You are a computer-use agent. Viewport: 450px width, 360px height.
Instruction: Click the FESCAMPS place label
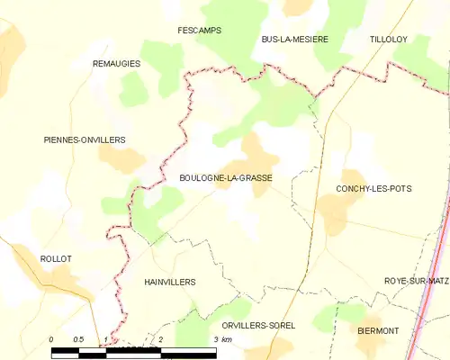click(x=199, y=30)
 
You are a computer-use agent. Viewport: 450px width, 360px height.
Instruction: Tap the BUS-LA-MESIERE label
click(x=294, y=40)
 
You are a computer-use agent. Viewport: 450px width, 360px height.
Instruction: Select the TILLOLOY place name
click(x=389, y=40)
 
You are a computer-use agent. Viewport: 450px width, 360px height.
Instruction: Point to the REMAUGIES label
click(x=117, y=64)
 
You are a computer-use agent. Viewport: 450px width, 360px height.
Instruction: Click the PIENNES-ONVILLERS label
click(x=84, y=139)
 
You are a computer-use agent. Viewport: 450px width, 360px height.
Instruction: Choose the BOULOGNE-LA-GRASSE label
click(x=226, y=177)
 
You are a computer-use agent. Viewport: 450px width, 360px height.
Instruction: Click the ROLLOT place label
click(x=56, y=258)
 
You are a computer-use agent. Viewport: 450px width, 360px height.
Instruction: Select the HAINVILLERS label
click(x=169, y=282)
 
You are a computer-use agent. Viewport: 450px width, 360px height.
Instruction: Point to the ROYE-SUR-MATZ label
click(x=416, y=281)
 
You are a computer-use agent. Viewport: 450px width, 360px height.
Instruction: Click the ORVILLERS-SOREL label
click(x=257, y=325)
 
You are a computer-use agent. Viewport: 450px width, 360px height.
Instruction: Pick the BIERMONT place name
click(x=378, y=331)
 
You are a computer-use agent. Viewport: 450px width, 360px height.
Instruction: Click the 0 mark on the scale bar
click(x=51, y=339)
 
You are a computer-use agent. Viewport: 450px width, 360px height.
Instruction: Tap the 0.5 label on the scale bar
click(x=78, y=339)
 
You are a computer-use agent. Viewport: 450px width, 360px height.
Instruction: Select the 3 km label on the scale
click(x=221, y=339)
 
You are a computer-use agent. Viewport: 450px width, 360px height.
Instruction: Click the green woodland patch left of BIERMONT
click(x=328, y=318)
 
